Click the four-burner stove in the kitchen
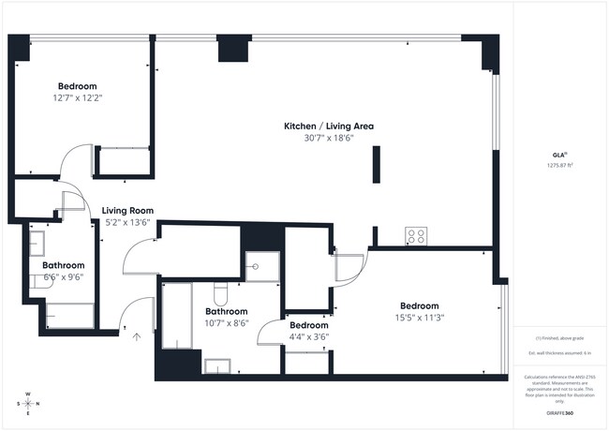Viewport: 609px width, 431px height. click(417, 236)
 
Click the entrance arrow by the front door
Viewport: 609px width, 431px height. click(137, 336)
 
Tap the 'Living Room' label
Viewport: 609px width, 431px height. click(127, 211)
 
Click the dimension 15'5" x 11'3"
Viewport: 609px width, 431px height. click(419, 318)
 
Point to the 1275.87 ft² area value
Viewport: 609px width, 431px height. click(559, 166)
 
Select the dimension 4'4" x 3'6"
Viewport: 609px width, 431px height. click(309, 336)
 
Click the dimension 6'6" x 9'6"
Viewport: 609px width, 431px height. click(62, 277)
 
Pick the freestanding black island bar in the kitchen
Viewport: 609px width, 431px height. click(376, 167)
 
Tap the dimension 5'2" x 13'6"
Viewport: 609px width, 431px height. click(127, 223)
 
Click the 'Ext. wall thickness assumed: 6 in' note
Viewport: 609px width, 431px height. click(559, 352)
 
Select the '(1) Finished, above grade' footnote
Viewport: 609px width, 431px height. click(559, 337)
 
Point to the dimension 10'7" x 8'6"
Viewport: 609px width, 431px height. click(227, 323)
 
